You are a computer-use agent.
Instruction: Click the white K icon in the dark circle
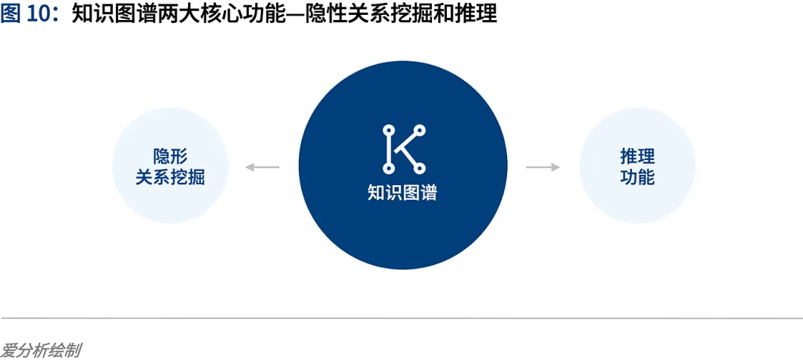tap(403, 149)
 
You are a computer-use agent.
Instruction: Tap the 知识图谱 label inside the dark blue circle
tap(402, 193)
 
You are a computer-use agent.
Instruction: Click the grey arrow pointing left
tap(262, 167)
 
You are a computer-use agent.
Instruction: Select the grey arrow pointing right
tap(543, 167)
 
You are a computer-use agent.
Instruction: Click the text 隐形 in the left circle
tap(170, 156)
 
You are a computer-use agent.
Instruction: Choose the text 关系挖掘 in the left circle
tap(170, 178)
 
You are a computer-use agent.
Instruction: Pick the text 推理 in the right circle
tap(637, 156)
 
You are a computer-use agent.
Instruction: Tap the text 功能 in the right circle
tap(637, 178)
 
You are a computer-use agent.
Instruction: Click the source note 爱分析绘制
tap(40, 350)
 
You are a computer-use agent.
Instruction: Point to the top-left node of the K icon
tap(387, 130)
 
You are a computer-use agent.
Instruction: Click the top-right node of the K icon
tap(419, 130)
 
